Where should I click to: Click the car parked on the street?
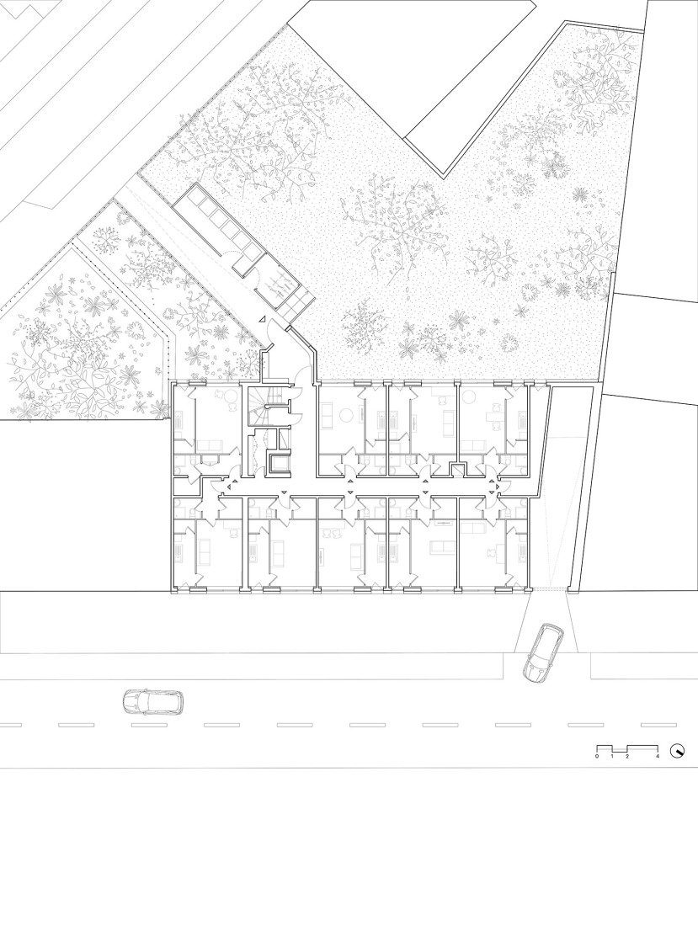(x=152, y=700)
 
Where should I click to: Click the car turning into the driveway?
(x=542, y=652)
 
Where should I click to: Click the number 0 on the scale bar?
(x=597, y=758)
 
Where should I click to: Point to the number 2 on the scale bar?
(x=627, y=758)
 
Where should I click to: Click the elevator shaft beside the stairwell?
(x=277, y=463)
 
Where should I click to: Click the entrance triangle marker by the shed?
(x=263, y=320)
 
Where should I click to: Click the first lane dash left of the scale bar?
(x=580, y=725)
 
